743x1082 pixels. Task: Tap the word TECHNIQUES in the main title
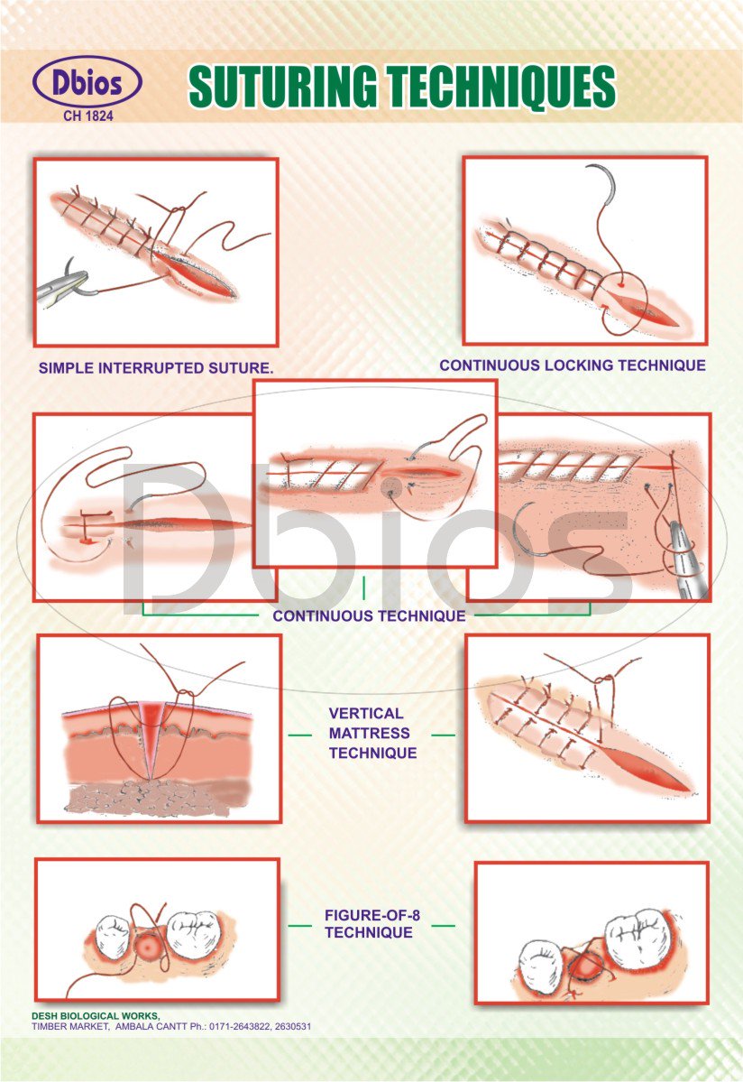[509, 88]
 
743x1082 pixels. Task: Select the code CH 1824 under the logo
[87, 116]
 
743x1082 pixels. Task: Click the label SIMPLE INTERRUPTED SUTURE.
[156, 368]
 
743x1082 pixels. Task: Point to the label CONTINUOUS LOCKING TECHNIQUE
[572, 365]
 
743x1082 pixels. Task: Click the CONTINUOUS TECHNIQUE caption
[369, 616]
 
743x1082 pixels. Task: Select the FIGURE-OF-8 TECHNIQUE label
[372, 924]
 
